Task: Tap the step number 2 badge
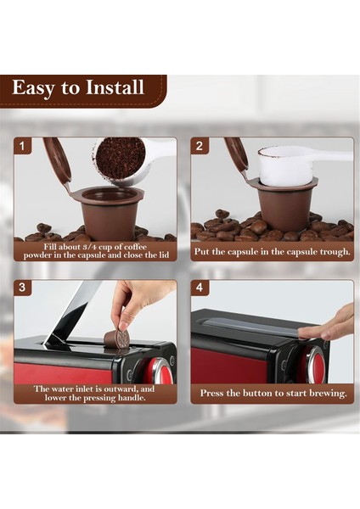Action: click(201, 146)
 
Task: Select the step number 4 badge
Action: click(201, 288)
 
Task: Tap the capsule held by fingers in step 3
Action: click(117, 338)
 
